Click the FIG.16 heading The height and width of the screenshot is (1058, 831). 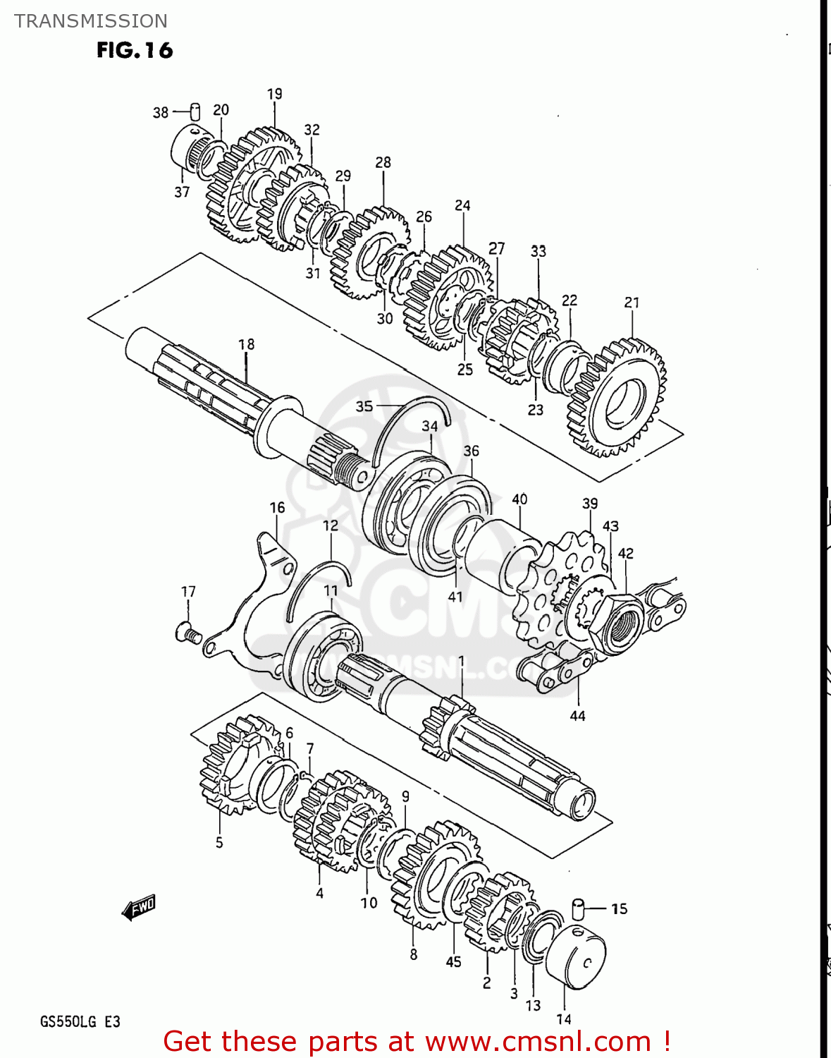click(135, 51)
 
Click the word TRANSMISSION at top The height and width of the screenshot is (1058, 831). click(91, 21)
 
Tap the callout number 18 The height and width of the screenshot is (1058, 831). click(246, 344)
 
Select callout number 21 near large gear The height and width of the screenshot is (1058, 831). click(632, 303)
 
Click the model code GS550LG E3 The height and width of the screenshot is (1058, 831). click(80, 1021)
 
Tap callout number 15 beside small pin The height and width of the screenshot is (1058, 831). click(619, 908)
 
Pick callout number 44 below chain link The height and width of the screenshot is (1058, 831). click(577, 716)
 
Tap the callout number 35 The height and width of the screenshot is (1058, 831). click(364, 406)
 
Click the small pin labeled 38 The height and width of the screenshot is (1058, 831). click(195, 112)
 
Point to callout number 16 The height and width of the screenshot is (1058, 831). click(277, 508)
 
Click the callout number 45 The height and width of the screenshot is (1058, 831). click(453, 961)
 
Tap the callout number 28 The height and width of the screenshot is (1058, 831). click(383, 162)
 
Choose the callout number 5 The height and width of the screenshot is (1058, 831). click(219, 842)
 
